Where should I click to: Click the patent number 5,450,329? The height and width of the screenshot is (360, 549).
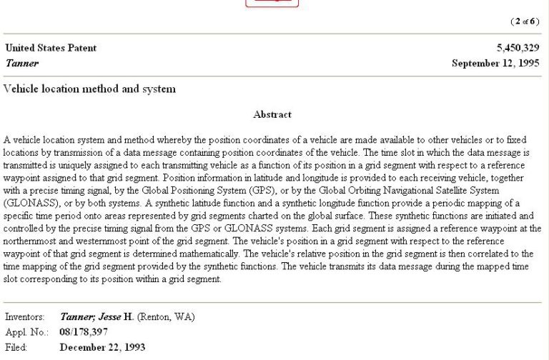tap(519, 49)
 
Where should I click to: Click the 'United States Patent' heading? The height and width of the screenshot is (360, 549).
tap(51, 49)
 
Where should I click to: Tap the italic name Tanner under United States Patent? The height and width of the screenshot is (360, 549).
tap(21, 63)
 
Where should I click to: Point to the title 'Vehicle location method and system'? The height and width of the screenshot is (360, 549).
tap(89, 89)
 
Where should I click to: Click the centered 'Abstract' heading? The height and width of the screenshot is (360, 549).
tap(272, 114)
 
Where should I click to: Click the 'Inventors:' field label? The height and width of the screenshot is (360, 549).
tap(25, 316)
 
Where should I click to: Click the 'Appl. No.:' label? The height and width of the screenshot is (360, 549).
tap(26, 332)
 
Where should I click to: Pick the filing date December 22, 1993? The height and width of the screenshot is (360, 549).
tap(102, 348)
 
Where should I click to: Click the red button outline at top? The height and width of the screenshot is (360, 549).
tap(272, 3)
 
